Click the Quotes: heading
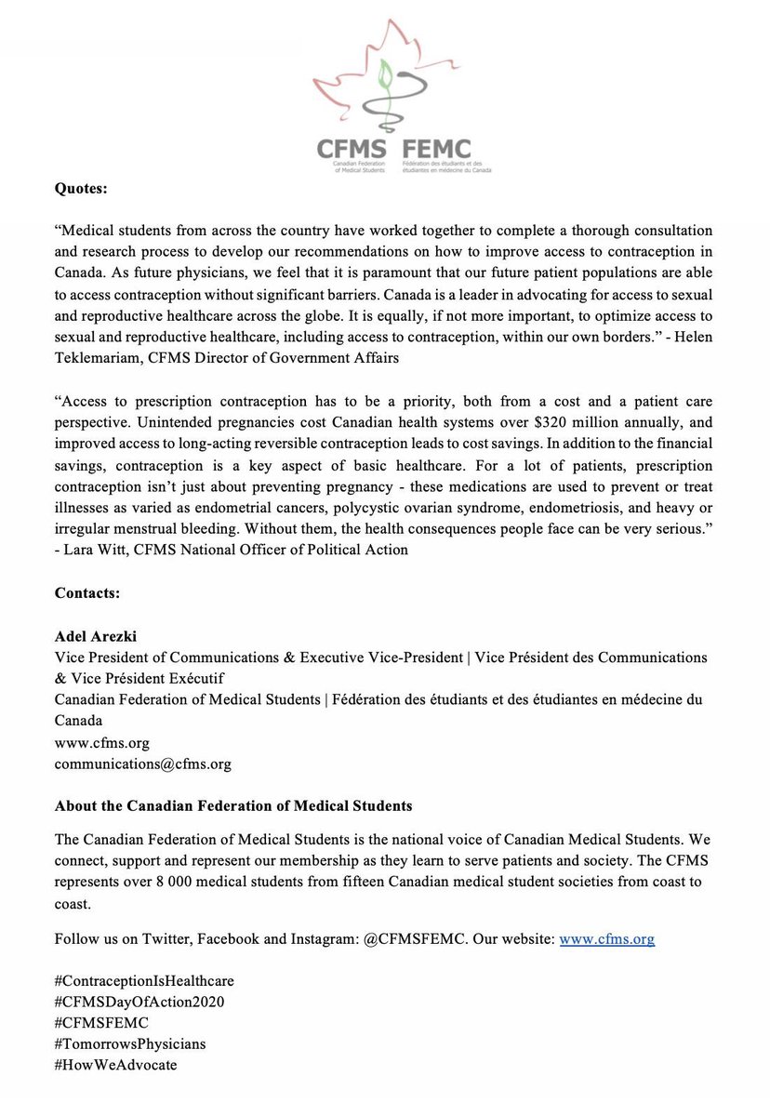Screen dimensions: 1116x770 click(x=82, y=189)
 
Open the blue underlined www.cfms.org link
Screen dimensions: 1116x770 click(x=606, y=939)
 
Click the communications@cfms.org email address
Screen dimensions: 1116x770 click(x=143, y=764)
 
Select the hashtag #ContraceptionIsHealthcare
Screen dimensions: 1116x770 click(x=145, y=981)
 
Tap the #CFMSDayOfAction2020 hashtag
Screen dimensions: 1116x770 click(x=139, y=1002)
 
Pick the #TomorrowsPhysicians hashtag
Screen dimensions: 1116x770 click(x=130, y=1043)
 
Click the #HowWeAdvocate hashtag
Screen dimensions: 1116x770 click(x=115, y=1065)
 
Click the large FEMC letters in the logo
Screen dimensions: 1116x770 click(x=437, y=148)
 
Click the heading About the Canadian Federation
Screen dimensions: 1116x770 click(x=233, y=804)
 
